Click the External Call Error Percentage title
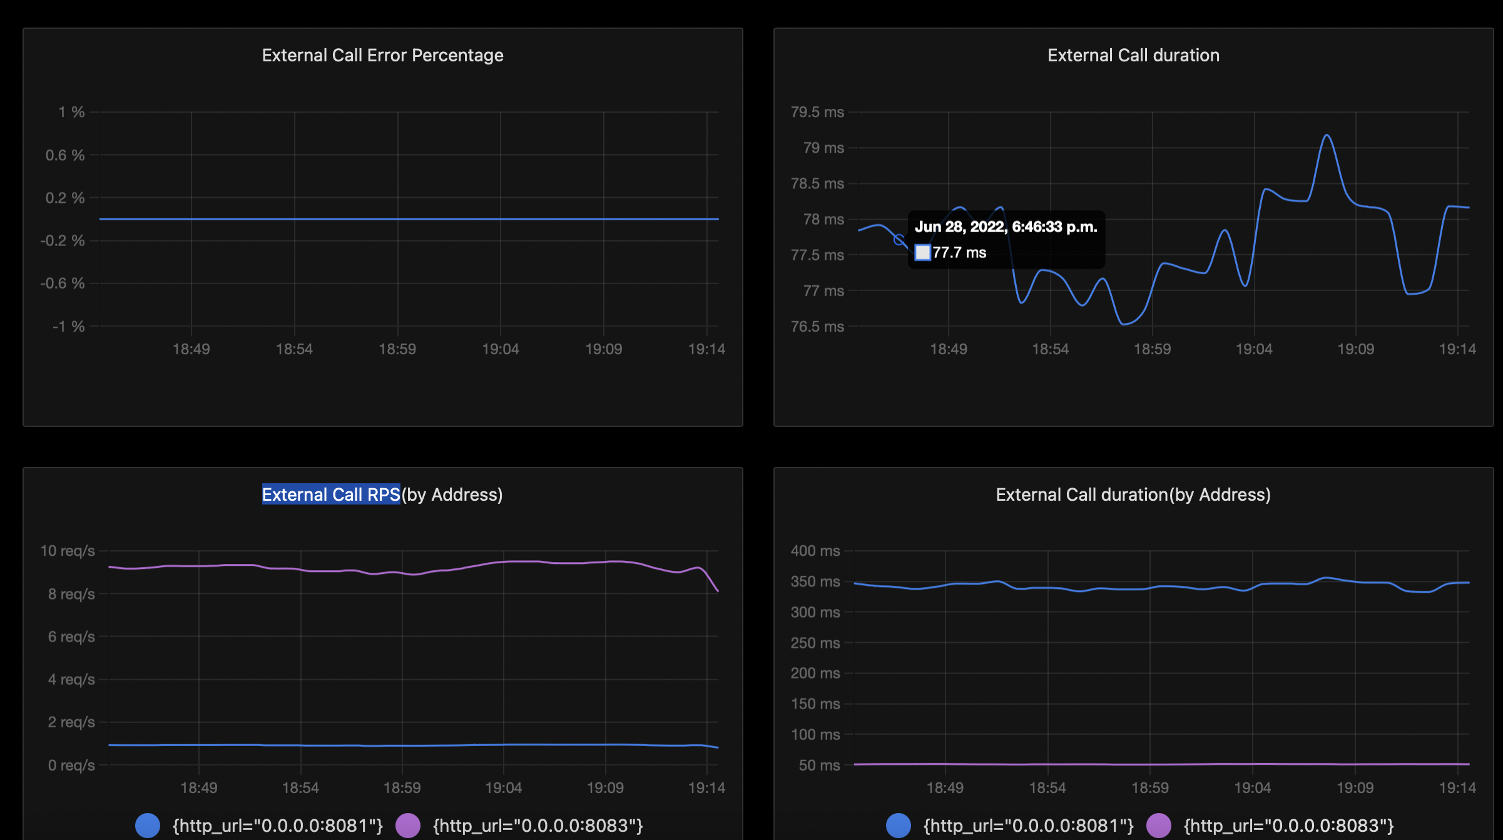(x=382, y=56)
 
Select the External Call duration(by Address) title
(x=1133, y=495)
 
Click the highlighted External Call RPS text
(x=330, y=495)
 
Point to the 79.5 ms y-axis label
(x=817, y=113)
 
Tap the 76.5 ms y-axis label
(x=817, y=327)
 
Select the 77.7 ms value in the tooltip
(x=959, y=253)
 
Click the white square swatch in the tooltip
(x=922, y=253)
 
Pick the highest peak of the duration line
(x=1327, y=135)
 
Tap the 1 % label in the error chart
(x=71, y=113)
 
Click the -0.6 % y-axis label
(x=62, y=284)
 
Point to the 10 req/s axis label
(x=67, y=551)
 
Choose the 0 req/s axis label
(x=71, y=766)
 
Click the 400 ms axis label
(x=815, y=551)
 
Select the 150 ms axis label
(x=815, y=704)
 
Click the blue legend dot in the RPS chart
(x=148, y=826)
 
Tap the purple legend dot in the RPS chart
(x=408, y=826)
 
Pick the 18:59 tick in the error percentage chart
(x=397, y=349)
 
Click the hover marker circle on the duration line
(x=899, y=240)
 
